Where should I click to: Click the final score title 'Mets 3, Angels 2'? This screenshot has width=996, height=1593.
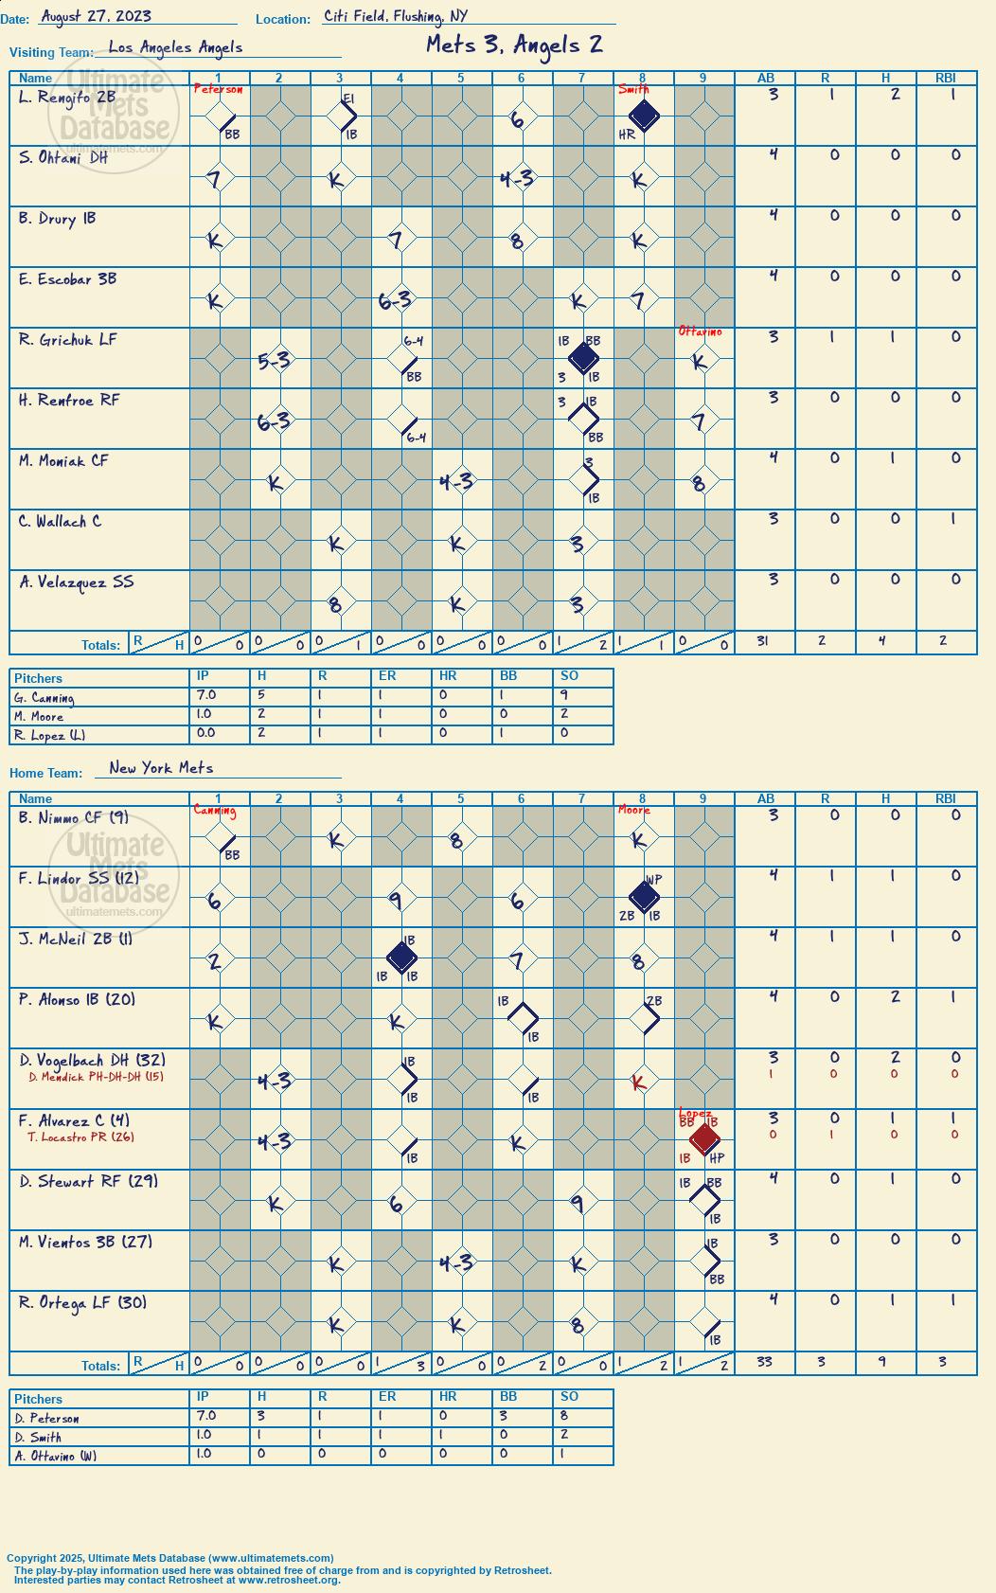[514, 45]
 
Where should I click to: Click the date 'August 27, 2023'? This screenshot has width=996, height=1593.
[96, 16]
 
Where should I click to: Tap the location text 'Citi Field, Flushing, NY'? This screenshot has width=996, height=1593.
[395, 16]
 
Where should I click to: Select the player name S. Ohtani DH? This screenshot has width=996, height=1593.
[63, 158]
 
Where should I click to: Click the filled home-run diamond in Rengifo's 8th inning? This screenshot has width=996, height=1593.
[644, 116]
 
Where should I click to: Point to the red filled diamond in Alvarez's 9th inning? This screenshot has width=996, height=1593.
[703, 1138]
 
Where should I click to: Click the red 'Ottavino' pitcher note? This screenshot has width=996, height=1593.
[701, 331]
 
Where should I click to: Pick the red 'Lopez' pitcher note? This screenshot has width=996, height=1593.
[695, 1113]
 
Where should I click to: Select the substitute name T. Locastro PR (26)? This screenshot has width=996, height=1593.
[80, 1137]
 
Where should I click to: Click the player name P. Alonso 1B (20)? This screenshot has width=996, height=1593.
[77, 1000]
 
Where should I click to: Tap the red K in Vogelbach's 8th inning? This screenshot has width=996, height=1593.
[638, 1083]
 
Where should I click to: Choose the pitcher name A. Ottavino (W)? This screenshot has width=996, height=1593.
[56, 1456]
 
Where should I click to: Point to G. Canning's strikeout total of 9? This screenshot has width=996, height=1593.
[564, 695]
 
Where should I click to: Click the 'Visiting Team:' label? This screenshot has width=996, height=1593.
[51, 53]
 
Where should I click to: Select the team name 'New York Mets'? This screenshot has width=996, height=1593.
[161, 768]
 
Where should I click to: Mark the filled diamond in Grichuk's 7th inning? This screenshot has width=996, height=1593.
[583, 358]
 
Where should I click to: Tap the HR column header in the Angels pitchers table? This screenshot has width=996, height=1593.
[448, 675]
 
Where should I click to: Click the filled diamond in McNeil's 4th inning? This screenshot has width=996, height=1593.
[401, 958]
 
